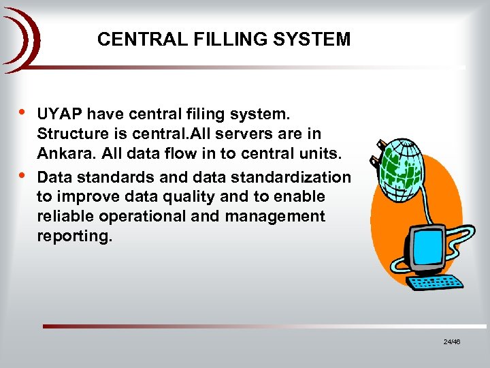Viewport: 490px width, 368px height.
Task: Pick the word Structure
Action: click(72, 134)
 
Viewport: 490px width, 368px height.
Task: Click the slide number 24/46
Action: click(452, 341)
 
